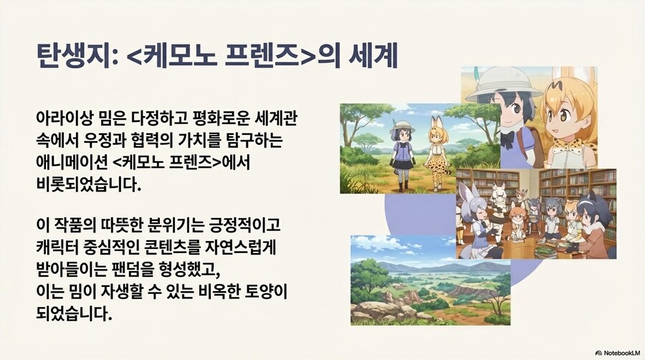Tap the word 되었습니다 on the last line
click(73, 314)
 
